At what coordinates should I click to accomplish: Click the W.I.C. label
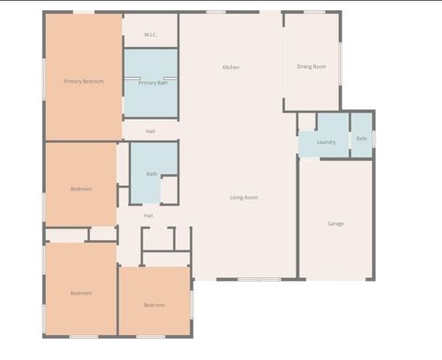point(150,35)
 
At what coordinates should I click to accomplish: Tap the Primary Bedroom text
point(83,82)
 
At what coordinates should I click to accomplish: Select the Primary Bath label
point(153,83)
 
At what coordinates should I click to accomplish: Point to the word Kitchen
point(231,67)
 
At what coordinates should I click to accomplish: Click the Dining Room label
point(311,66)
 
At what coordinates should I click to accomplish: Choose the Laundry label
point(326,143)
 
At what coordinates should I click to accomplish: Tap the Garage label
point(336,223)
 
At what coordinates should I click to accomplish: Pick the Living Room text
point(244,197)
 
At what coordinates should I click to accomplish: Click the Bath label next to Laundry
point(361,139)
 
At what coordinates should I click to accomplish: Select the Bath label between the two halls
point(151,173)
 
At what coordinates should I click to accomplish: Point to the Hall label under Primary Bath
point(150,132)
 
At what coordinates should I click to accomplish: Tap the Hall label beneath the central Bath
point(148,215)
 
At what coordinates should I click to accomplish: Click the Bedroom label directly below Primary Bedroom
point(81,189)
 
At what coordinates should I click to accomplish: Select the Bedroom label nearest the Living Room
point(154,305)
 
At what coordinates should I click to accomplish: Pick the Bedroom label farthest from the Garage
point(81,293)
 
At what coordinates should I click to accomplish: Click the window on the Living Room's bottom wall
point(258,279)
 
